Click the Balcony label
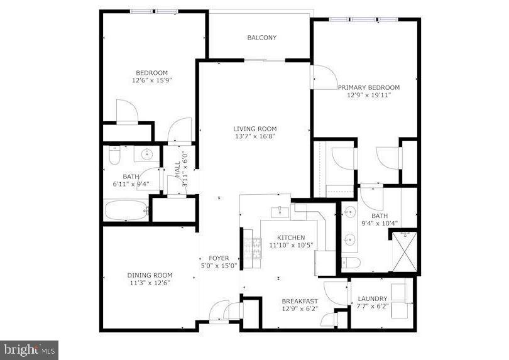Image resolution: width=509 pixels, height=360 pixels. pos(261,38)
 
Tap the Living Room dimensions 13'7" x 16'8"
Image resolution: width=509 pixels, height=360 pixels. pos(255,136)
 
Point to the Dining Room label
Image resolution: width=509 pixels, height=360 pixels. pos(150,275)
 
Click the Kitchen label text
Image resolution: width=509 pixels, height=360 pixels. pos(292,237)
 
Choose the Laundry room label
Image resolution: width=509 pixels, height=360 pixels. pos(373,298)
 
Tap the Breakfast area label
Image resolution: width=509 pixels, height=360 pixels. pos(300,302)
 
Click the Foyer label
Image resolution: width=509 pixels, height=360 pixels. pos(219,258)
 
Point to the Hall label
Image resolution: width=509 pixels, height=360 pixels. pos(177,168)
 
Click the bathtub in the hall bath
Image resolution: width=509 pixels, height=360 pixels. pos(126,210)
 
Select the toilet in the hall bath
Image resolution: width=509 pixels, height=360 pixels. pos(114,154)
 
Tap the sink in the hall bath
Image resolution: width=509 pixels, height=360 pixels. pos(148,153)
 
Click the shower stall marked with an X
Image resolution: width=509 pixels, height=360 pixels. pos(404,252)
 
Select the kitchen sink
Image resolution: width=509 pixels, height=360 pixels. pos(280,212)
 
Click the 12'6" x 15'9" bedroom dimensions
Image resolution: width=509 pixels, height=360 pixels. pos(151,80)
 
